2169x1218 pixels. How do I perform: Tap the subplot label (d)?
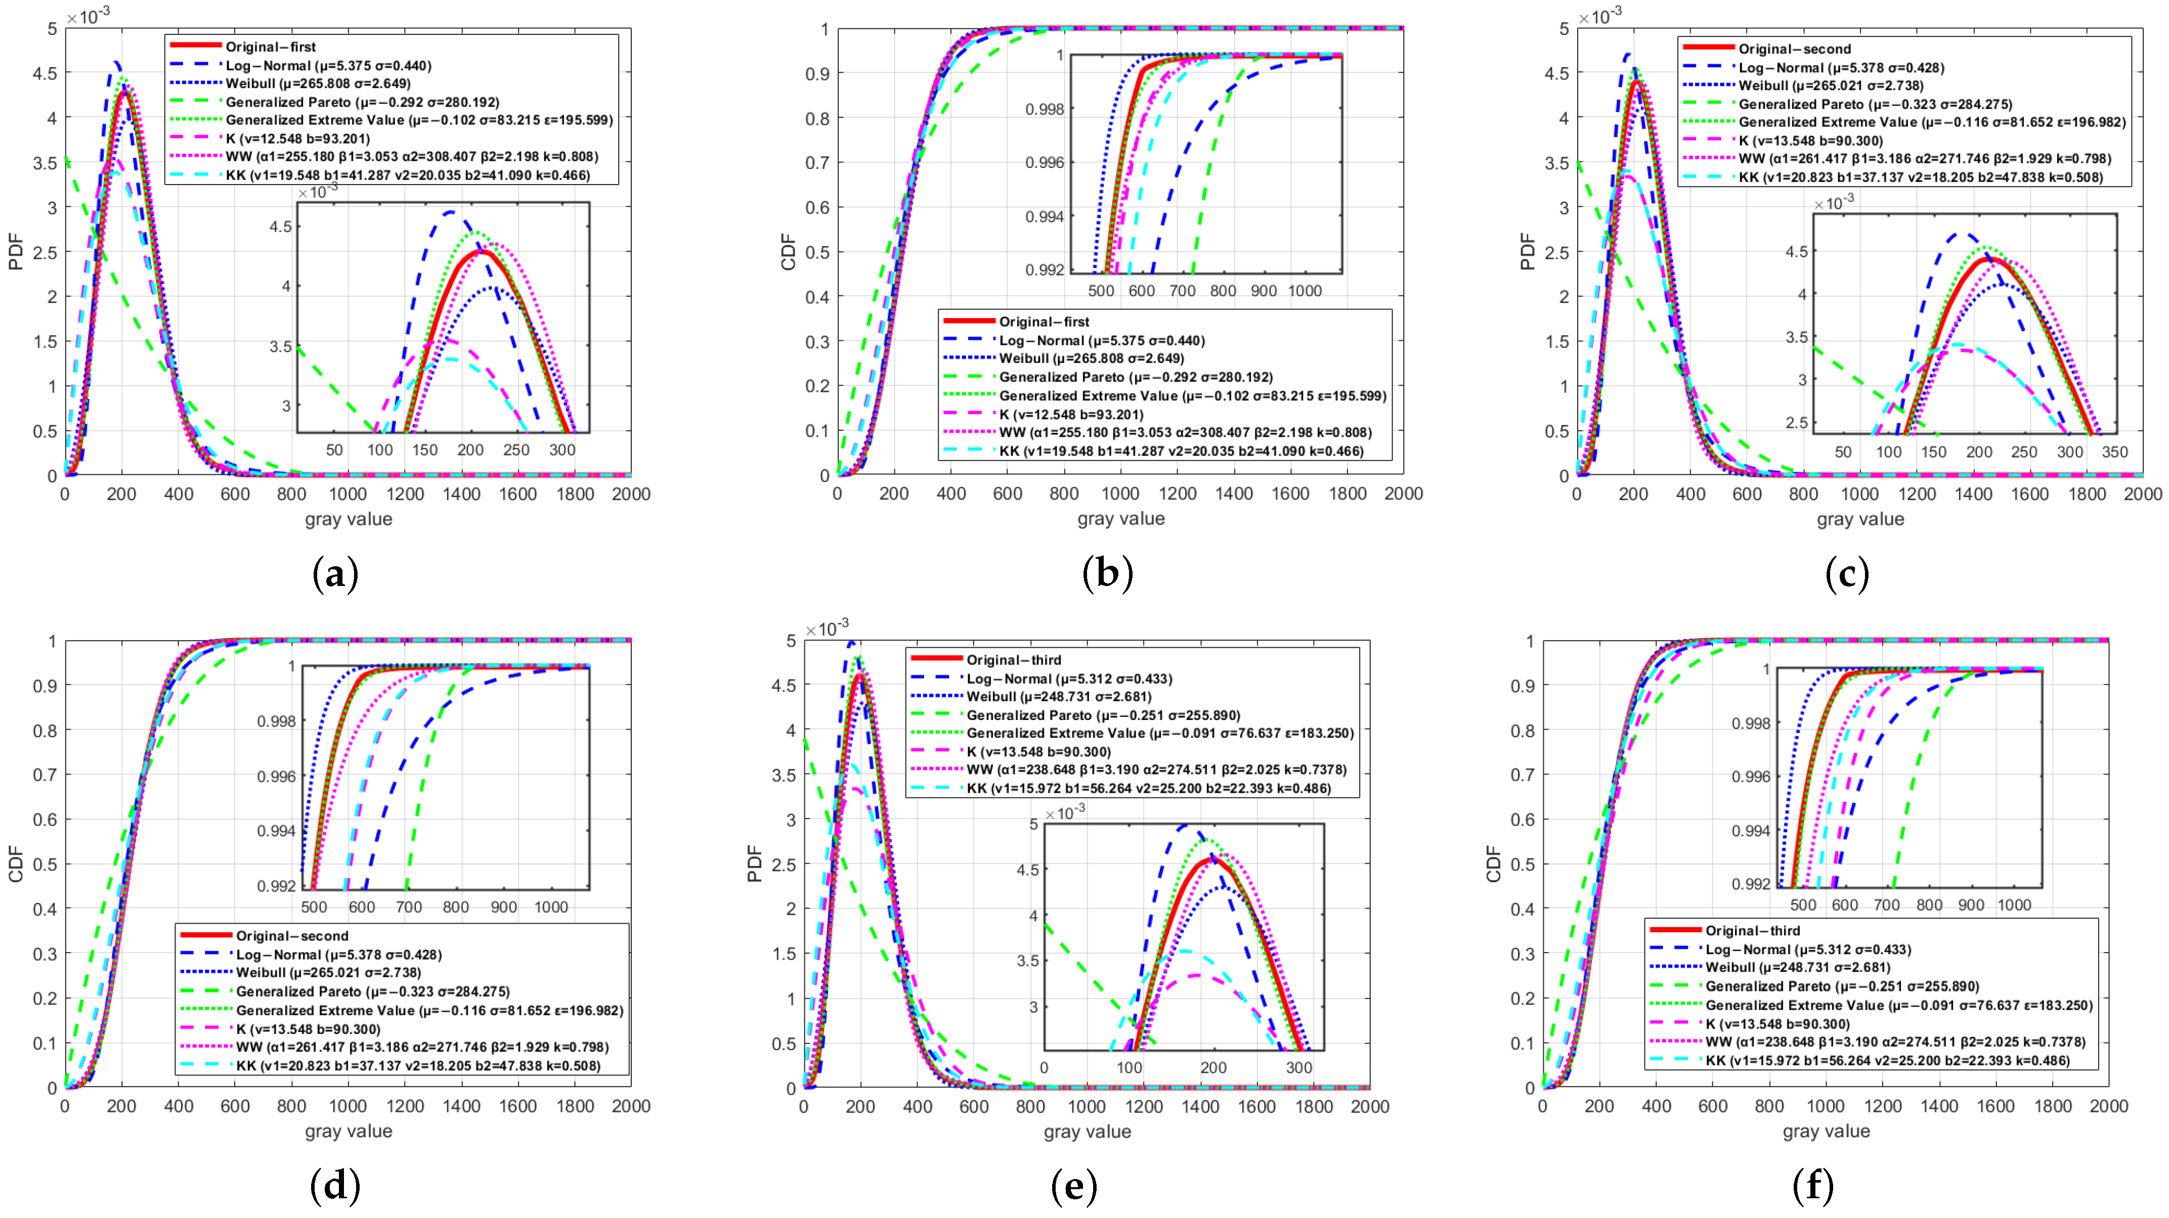coord(335,1187)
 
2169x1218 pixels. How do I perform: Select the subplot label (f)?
coord(1813,1187)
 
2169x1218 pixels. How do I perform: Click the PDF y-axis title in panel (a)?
coord(15,252)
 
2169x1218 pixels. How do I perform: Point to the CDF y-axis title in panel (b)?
coord(788,252)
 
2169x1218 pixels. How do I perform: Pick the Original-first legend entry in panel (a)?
coord(270,47)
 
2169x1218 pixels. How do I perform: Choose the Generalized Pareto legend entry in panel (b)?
coord(1135,377)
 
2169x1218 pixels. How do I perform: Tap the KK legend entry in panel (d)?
coord(418,1066)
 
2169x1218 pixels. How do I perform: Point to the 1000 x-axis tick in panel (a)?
coord(348,494)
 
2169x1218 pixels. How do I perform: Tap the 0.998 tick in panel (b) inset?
coord(1044,109)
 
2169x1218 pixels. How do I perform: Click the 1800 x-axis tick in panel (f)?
coord(2052,1106)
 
